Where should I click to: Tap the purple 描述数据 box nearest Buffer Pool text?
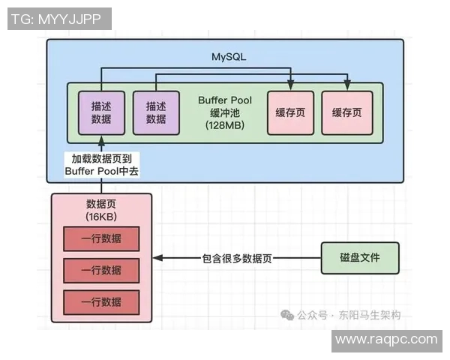pyautogui.click(x=156, y=112)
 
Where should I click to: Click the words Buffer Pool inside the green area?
pyautogui.click(x=225, y=100)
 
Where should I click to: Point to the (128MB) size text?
pyautogui.click(x=225, y=125)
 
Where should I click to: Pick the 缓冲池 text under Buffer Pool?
pyautogui.click(x=225, y=112)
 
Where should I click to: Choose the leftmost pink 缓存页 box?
pyautogui.click(x=289, y=112)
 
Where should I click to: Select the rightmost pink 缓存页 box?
pyautogui.click(x=346, y=112)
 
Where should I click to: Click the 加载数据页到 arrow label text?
pyautogui.click(x=101, y=159)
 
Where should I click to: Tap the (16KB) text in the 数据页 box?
pyautogui.click(x=101, y=217)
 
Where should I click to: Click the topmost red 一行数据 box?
pyautogui.click(x=101, y=239)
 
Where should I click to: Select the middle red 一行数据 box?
pyautogui.click(x=101, y=270)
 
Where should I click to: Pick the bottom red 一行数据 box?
pyautogui.click(x=101, y=301)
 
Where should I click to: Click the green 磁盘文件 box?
pyautogui.click(x=359, y=258)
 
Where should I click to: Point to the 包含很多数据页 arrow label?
pyautogui.click(x=236, y=258)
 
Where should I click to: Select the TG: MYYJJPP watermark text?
pyautogui.click(x=59, y=19)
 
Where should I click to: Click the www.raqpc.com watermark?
pyautogui.click(x=385, y=340)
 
